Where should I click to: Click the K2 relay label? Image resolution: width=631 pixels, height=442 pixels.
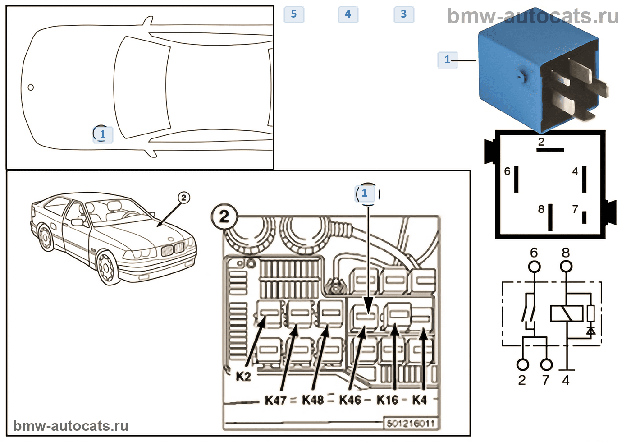243,376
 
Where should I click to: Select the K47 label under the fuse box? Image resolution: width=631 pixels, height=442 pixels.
275,400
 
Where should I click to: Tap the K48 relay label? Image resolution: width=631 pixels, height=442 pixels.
313,400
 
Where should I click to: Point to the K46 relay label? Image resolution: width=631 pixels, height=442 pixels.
350,400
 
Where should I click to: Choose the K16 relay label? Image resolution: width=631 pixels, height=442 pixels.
388,400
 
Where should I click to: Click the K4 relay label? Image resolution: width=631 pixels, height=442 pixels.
420,400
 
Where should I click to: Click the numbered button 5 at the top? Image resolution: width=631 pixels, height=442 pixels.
294,14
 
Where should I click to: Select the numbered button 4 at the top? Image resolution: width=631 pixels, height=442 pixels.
348,14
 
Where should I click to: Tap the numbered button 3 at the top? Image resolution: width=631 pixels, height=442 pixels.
404,14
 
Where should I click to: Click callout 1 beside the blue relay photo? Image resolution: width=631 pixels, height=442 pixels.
448,60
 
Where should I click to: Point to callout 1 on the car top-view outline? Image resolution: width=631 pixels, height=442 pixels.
102,134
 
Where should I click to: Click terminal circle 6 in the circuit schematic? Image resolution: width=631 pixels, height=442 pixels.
534,267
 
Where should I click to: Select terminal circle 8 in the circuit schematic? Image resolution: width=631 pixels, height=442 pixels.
566,267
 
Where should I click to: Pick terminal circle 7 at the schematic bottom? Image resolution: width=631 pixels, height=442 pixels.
546,364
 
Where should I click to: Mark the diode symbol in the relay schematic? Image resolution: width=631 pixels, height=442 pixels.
590,331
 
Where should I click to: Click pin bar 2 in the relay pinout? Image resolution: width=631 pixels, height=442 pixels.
550,150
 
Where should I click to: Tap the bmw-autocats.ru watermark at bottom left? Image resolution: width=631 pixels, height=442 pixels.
71,426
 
